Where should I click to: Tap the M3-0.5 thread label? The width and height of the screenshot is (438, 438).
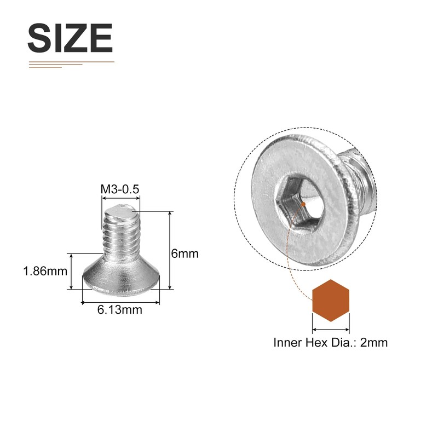(120, 189)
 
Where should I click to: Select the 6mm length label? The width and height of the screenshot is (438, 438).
(185, 254)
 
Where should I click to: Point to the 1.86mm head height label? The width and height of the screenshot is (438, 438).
(45, 271)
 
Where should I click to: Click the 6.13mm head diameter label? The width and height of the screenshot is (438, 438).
(120, 310)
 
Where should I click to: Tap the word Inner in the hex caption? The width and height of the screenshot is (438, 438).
(286, 343)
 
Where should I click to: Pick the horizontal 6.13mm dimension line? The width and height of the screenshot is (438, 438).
(120, 301)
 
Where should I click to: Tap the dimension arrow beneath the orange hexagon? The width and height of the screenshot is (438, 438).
(331, 330)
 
